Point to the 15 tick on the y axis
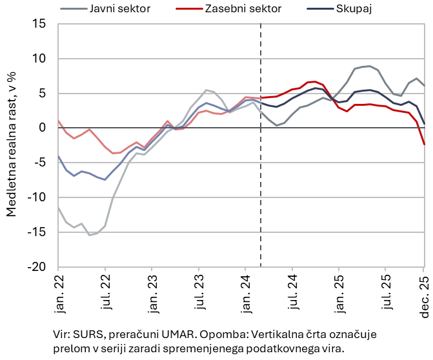(x=41, y=24)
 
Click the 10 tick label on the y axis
(x=41, y=59)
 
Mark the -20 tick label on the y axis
(x=37, y=267)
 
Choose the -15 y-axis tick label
(x=37, y=232)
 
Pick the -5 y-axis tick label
(x=41, y=163)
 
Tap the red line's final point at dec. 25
(x=424, y=144)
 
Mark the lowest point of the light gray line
(x=90, y=235)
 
